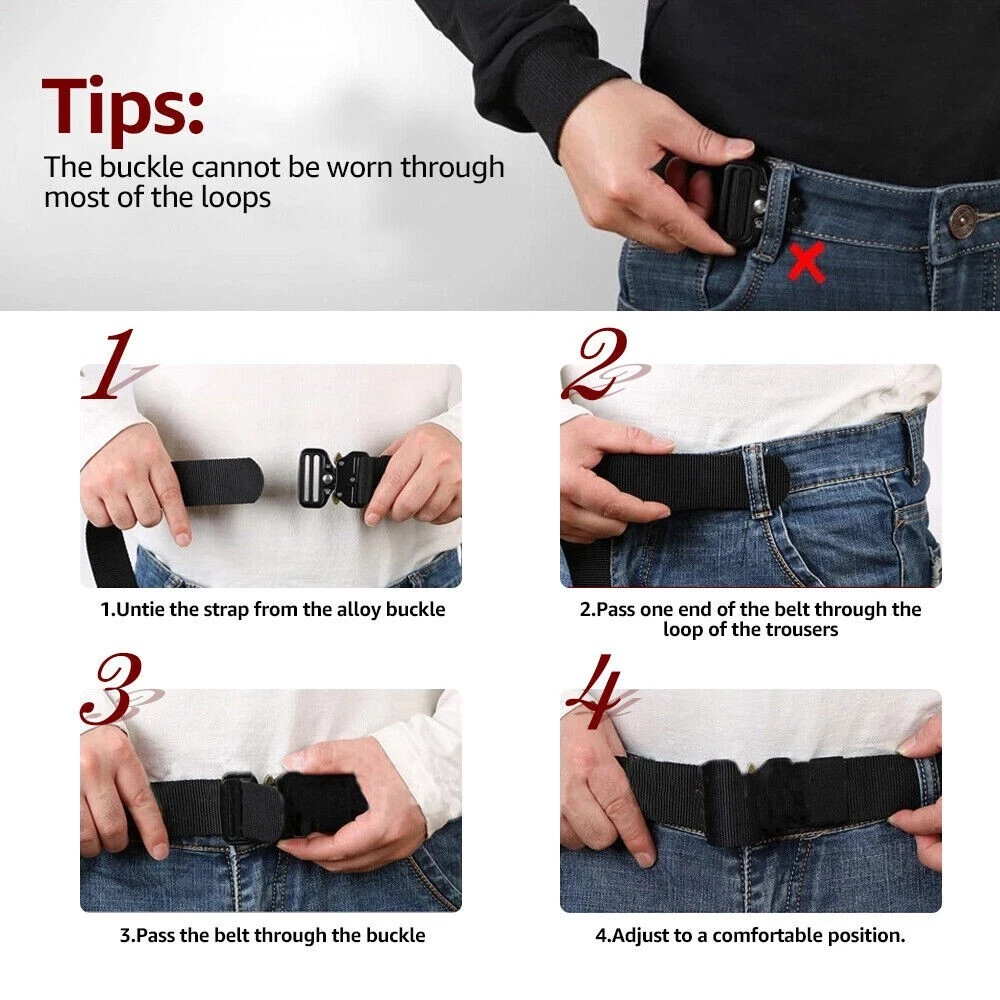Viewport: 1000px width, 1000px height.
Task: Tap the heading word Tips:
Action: [x=123, y=107]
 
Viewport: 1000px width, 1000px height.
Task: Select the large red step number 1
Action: [x=112, y=364]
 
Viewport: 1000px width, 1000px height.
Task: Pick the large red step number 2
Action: [x=596, y=364]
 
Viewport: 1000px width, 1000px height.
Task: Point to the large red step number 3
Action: [x=115, y=689]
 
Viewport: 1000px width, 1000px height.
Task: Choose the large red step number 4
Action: [x=596, y=691]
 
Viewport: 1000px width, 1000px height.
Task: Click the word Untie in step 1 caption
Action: [x=142, y=609]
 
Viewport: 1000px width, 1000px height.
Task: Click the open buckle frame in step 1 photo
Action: [x=316, y=478]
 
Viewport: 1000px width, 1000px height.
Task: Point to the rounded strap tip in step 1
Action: [x=252, y=482]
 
